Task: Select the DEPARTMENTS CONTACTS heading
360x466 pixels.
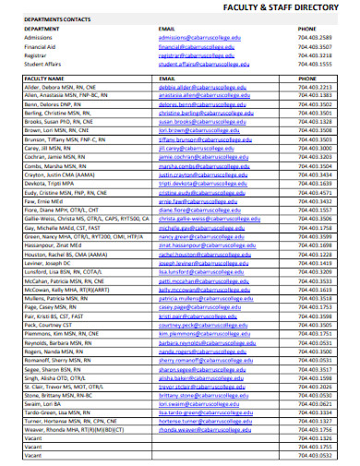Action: click(52, 18)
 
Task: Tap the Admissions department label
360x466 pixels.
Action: click(41, 35)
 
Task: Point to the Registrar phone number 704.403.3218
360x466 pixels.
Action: click(314, 54)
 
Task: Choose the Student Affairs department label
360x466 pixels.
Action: click(46, 65)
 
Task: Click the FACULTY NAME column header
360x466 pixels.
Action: click(48, 79)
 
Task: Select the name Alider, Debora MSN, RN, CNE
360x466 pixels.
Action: click(60, 88)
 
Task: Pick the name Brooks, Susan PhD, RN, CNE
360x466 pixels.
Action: click(60, 122)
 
